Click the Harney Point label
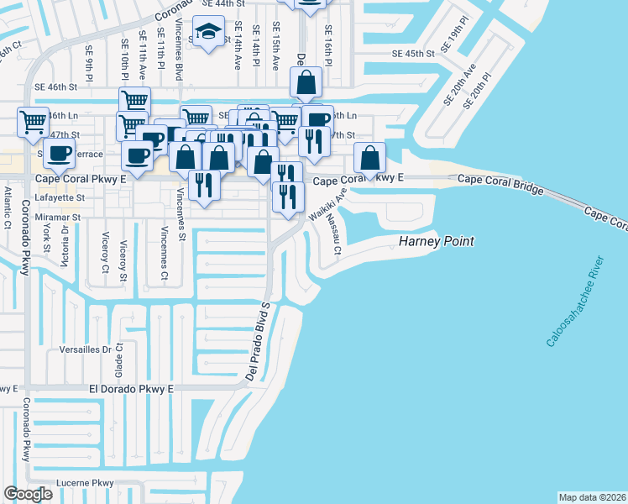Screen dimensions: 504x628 click(436, 242)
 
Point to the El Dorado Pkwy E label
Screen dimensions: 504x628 click(130, 389)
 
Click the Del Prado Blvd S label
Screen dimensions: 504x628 click(258, 341)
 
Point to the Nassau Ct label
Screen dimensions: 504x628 click(333, 234)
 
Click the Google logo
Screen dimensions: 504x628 click(28, 493)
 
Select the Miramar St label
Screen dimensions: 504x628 click(58, 217)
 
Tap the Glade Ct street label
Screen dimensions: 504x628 click(120, 360)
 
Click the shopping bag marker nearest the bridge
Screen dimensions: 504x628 click(369, 157)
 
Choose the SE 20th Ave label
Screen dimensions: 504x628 click(459, 84)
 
